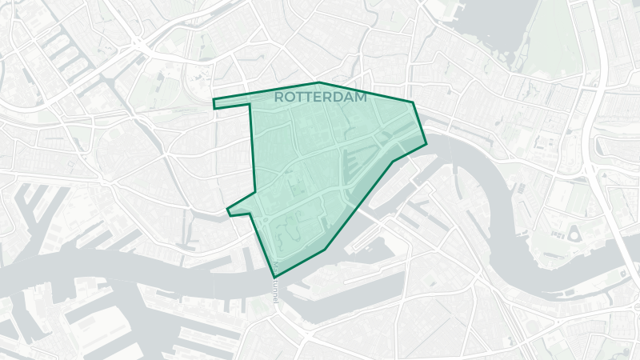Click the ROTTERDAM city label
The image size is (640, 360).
tap(320, 97)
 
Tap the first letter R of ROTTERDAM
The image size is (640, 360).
tap(278, 97)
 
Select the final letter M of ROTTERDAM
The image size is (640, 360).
tap(361, 97)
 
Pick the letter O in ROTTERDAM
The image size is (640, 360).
tap(289, 97)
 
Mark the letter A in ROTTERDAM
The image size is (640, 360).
tap(350, 97)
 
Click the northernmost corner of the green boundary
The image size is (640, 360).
tap(318, 82)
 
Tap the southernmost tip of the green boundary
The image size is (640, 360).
tap(274, 278)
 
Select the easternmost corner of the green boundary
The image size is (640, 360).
tap(426, 144)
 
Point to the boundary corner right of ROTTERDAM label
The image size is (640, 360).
tap(413, 102)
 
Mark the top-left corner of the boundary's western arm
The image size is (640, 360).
tap(213, 100)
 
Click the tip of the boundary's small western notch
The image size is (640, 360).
tap(228, 210)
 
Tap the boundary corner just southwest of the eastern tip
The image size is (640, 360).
tap(393, 161)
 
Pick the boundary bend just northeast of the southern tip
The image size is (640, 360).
tap(325, 250)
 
